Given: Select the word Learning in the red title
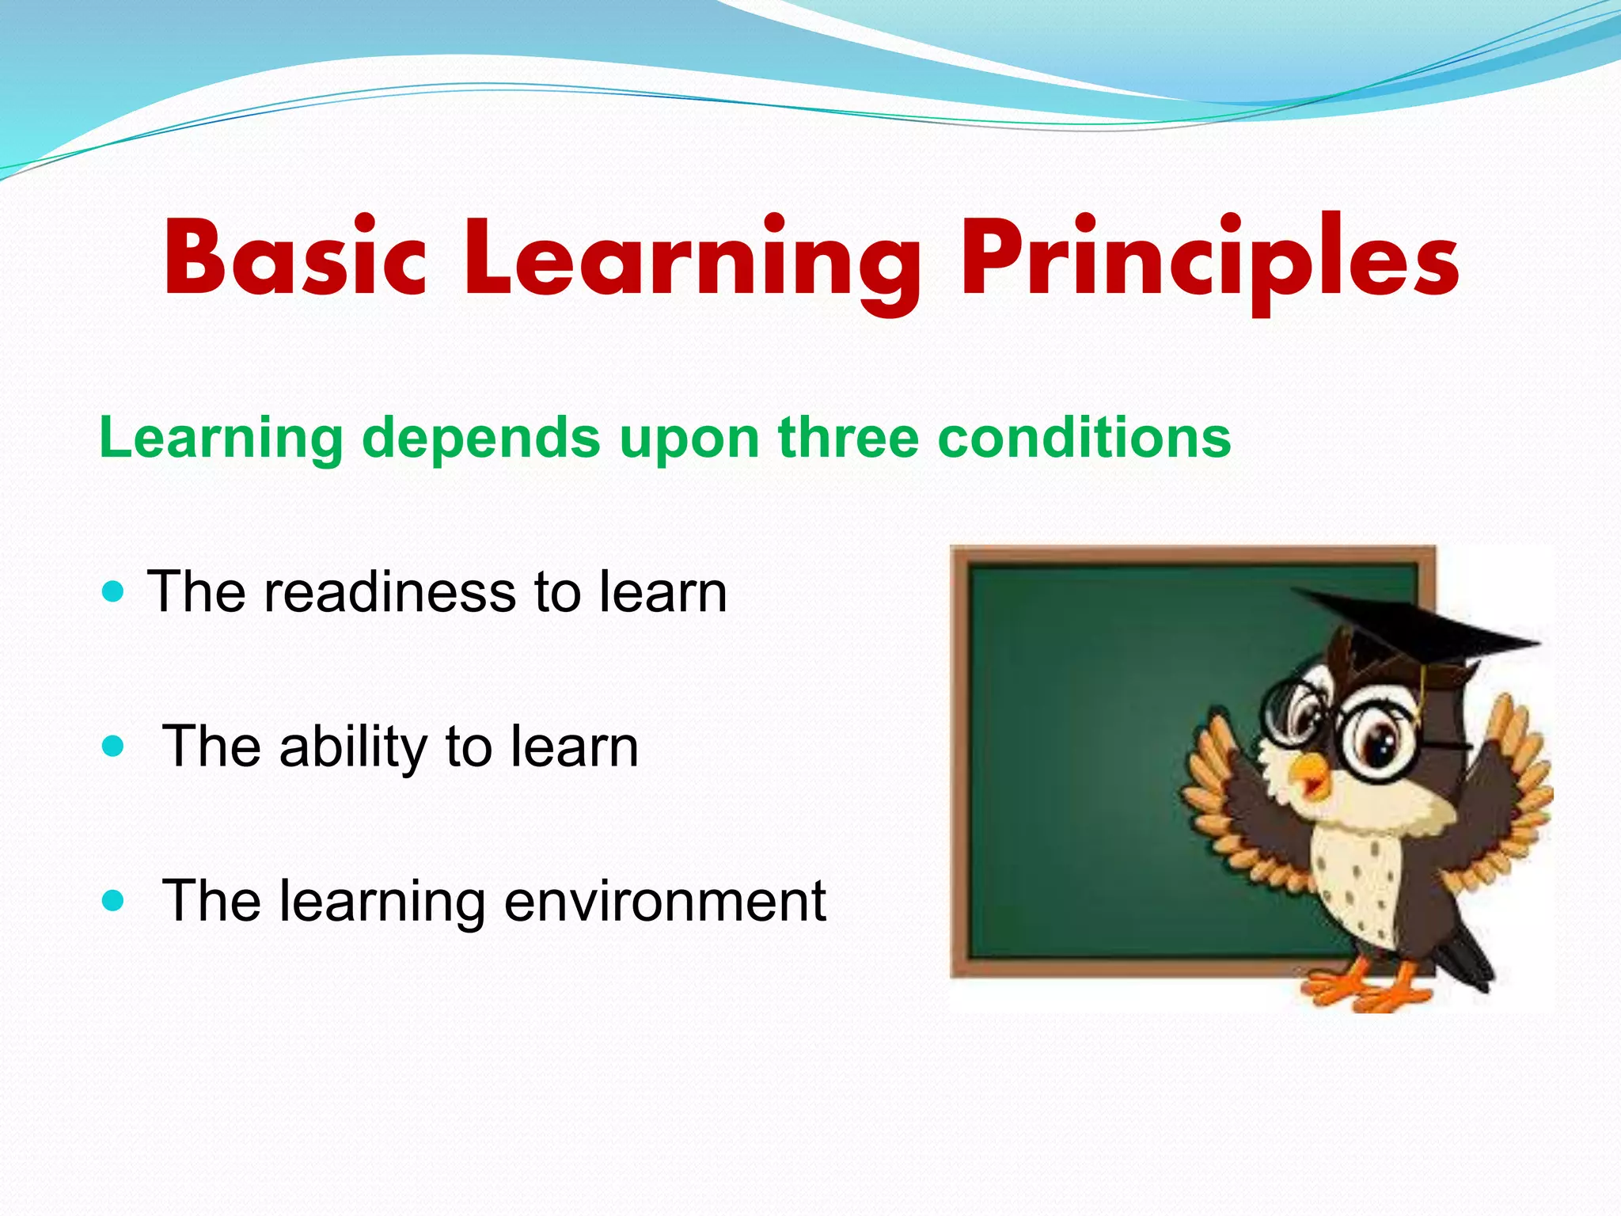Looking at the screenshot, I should (x=693, y=261).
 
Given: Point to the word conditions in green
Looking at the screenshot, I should (x=1084, y=437).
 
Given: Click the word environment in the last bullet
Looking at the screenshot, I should (x=665, y=901).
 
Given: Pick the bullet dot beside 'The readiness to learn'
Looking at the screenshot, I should (x=114, y=591).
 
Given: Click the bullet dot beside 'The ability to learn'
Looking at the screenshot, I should (x=114, y=746).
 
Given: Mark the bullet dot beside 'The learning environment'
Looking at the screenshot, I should (x=114, y=900).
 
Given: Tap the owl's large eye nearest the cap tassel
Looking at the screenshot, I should (x=1381, y=740).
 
